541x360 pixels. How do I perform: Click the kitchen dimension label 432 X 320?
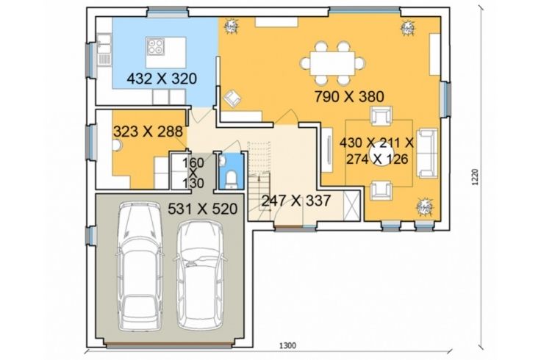(x=162, y=79)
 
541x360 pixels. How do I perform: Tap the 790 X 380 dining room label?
(x=349, y=96)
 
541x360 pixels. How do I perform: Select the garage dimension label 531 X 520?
(x=203, y=209)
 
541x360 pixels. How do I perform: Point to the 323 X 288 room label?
(x=148, y=132)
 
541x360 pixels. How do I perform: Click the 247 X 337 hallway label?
(x=296, y=201)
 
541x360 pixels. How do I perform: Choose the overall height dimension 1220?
(x=476, y=177)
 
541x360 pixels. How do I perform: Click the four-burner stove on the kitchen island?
(x=155, y=46)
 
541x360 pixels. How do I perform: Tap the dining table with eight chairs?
(x=332, y=63)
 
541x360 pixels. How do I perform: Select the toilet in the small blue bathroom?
(x=231, y=180)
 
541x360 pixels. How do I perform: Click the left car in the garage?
(x=140, y=267)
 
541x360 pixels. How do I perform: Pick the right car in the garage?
(x=200, y=275)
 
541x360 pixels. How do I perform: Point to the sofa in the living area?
(x=427, y=153)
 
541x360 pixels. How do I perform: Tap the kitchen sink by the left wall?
(x=104, y=49)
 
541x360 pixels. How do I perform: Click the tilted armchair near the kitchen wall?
(x=232, y=98)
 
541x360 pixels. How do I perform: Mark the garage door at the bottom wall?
(x=169, y=345)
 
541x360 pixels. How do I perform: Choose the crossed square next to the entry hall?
(x=352, y=206)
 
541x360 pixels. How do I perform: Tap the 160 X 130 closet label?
(x=193, y=173)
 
